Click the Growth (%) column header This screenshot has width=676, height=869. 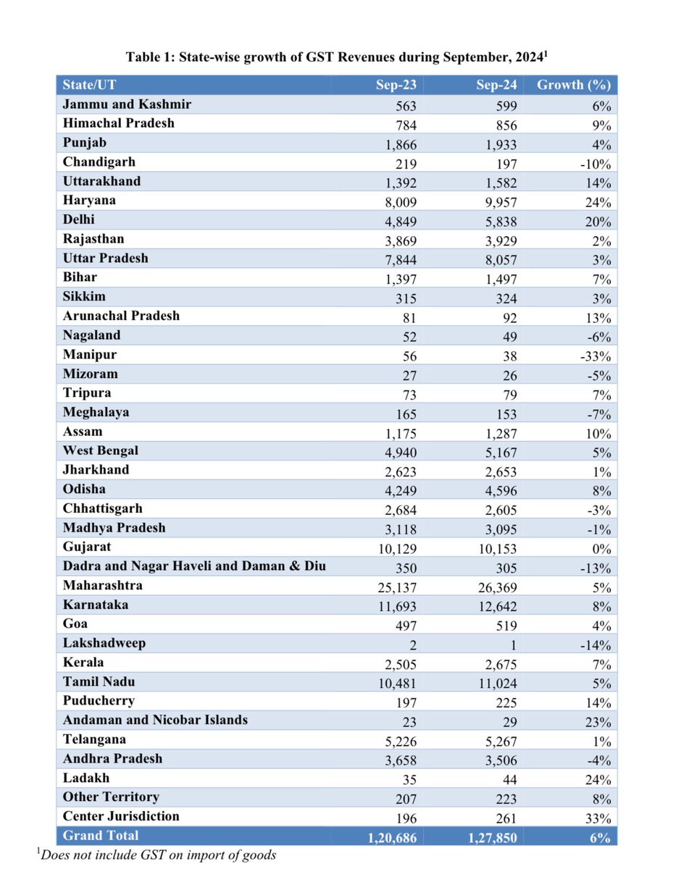[573, 85]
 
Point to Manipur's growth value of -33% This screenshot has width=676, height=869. [596, 356]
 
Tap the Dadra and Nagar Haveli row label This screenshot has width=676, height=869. [194, 566]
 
